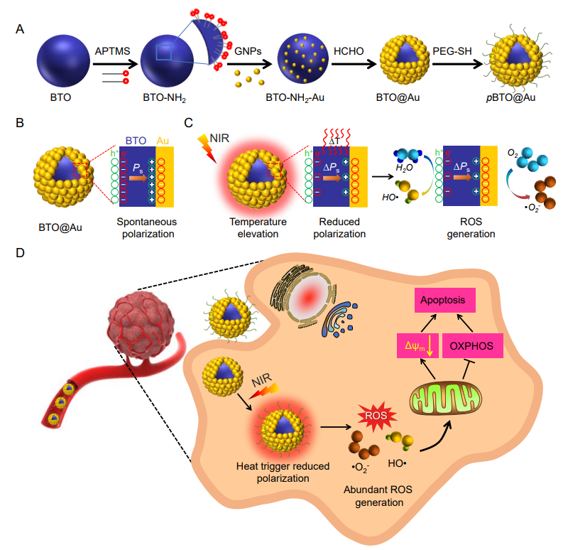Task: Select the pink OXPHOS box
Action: click(x=472, y=347)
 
